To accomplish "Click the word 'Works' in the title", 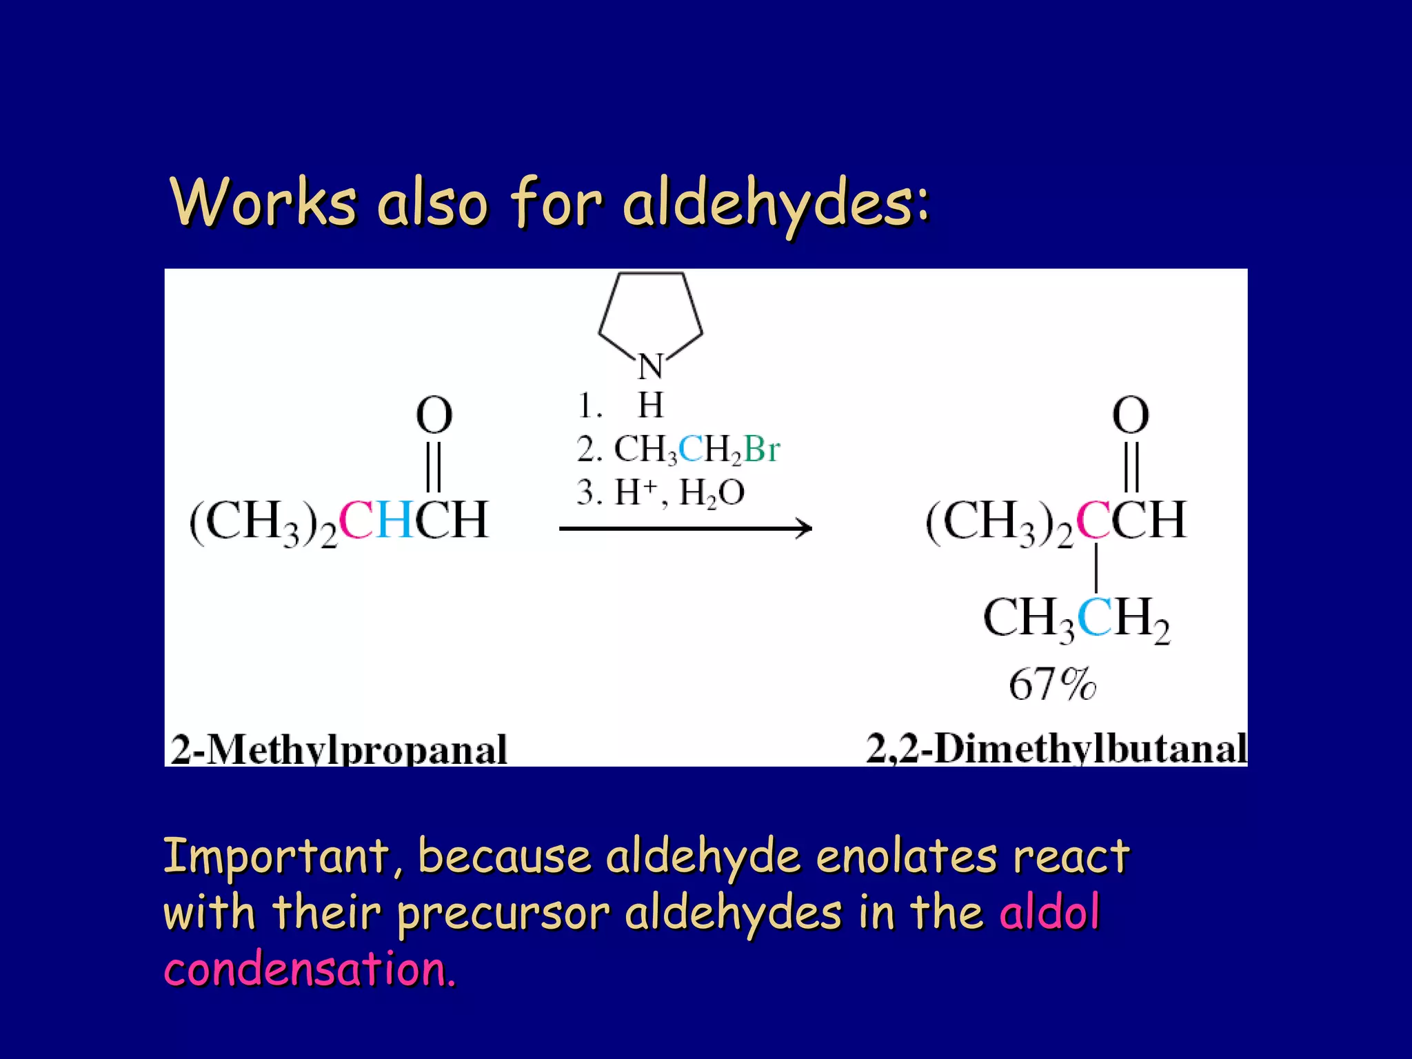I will click(x=263, y=202).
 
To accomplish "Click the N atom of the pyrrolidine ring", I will click(x=650, y=366).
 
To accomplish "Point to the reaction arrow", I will click(x=685, y=529).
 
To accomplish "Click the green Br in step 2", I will click(x=762, y=450).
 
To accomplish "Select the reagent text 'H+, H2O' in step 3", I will click(x=679, y=493).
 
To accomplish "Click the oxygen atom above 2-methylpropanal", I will click(x=434, y=415).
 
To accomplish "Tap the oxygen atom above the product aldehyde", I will click(x=1131, y=415).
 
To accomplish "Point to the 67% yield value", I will click(x=1052, y=685).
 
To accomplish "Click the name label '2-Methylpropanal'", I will click(x=339, y=749).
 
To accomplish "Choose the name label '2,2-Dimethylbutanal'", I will click(x=1056, y=748).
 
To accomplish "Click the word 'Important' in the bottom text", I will click(x=276, y=856).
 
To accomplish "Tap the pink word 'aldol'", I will click(x=1049, y=912).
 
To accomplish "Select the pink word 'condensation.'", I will click(x=310, y=969).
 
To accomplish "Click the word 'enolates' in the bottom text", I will click(x=906, y=856).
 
